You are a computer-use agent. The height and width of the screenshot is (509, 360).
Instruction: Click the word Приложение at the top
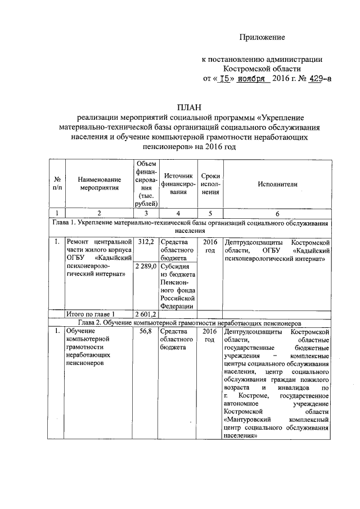tap(262, 37)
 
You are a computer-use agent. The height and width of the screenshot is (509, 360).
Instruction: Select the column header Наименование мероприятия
tap(99, 184)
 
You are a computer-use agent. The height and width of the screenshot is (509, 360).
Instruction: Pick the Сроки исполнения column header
tap(210, 184)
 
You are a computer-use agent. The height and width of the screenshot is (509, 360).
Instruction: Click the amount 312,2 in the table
tap(146, 241)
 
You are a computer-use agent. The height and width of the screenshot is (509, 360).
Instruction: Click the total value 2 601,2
tap(146, 313)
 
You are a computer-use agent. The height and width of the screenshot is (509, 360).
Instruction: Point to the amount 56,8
tap(146, 332)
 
